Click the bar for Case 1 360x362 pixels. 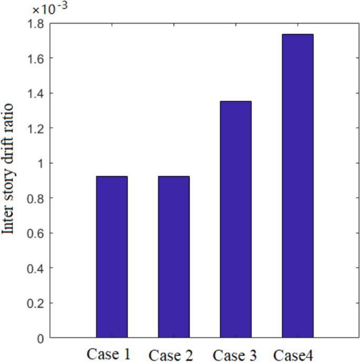(111, 257)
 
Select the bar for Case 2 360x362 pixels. (173, 257)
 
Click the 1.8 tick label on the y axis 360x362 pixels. (37, 23)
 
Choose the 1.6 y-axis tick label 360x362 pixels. (37, 58)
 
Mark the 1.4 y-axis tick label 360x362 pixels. (37, 94)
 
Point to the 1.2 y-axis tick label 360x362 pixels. (37, 128)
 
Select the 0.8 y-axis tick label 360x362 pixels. (37, 198)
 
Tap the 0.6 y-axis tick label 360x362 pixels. (37, 233)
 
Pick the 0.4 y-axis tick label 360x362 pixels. (37, 268)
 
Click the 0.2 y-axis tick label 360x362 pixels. (37, 303)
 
